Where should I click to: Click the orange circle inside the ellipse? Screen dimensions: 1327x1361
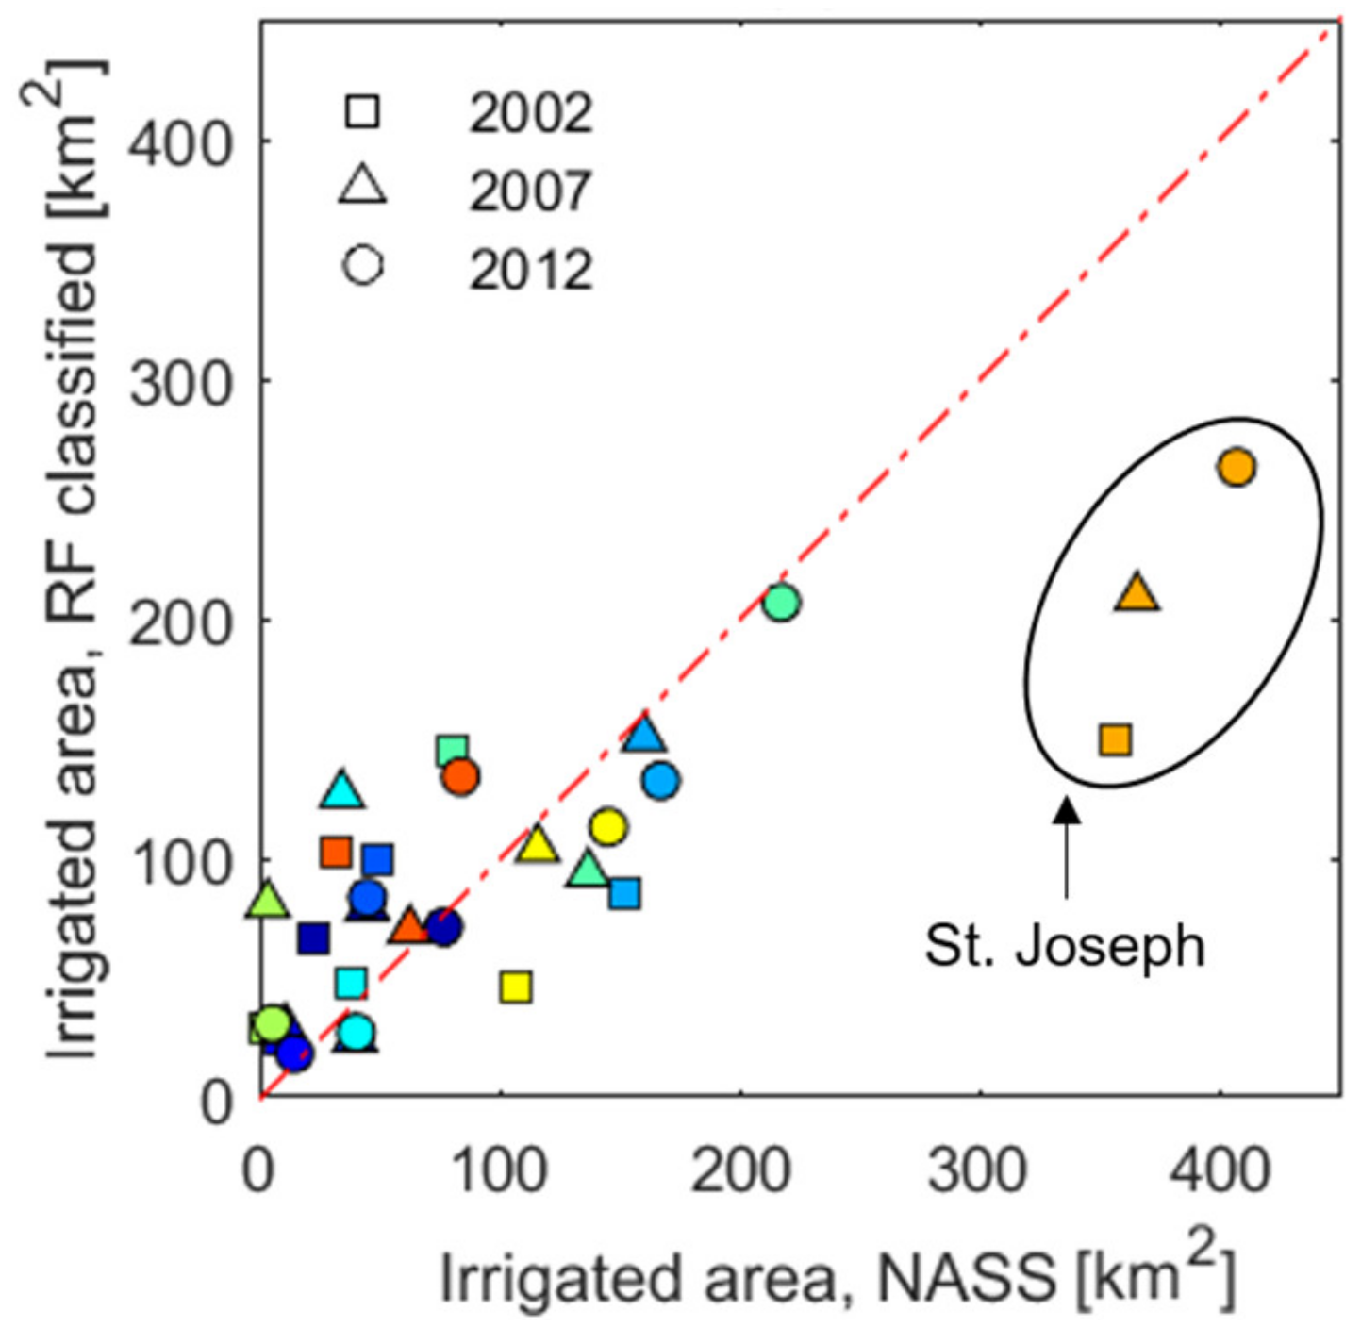point(1237,467)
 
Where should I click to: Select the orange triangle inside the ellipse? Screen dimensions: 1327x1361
point(1137,594)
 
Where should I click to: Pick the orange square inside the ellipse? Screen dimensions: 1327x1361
point(1115,739)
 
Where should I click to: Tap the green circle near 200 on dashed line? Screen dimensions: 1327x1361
point(782,602)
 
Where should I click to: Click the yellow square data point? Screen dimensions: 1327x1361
point(516,987)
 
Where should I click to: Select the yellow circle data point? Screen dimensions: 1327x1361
point(609,827)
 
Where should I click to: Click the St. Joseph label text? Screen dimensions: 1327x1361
point(1064,946)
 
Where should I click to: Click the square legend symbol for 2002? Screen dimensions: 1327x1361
point(362,111)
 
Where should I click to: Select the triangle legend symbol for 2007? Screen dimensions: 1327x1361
point(362,185)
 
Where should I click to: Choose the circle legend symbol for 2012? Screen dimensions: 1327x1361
point(363,265)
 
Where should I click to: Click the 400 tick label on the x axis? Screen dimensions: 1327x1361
point(1220,1170)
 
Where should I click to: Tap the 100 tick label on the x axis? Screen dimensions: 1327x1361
point(499,1170)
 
